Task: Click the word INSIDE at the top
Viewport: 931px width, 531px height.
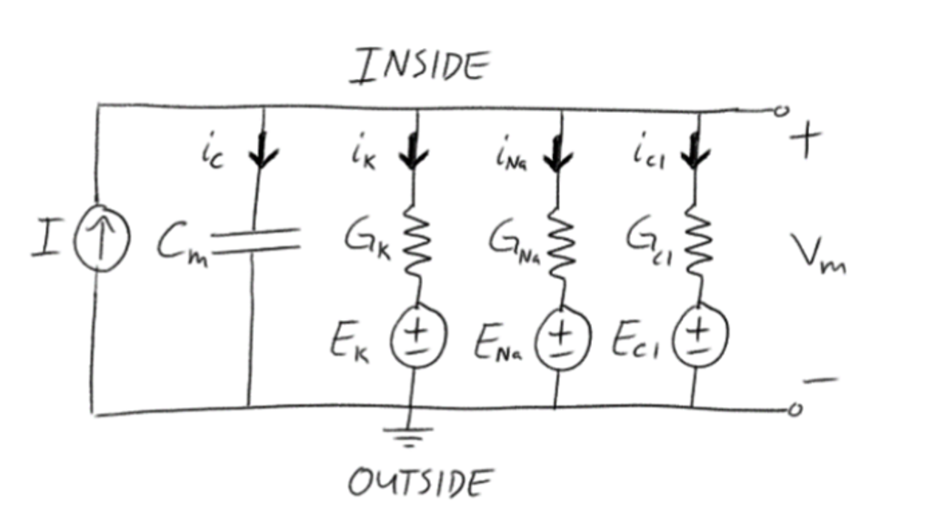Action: pyautogui.click(x=419, y=66)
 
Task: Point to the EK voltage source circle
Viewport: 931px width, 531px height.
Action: pyautogui.click(x=415, y=341)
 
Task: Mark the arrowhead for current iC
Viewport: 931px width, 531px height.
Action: pyautogui.click(x=264, y=156)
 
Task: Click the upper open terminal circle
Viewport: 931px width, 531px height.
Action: pyautogui.click(x=779, y=112)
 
